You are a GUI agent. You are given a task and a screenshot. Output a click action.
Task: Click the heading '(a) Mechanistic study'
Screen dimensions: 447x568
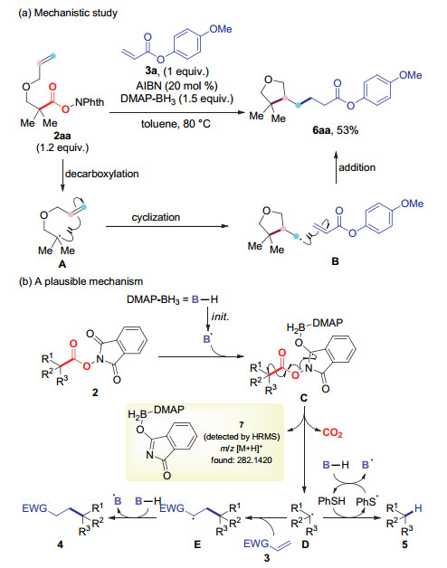(x=68, y=13)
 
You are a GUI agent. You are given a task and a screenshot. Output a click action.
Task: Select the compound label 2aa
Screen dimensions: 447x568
(x=62, y=136)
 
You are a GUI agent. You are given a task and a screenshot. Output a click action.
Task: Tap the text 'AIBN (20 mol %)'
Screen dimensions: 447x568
(x=177, y=86)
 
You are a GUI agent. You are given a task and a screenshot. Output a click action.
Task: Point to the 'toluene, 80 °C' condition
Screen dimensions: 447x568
(x=176, y=124)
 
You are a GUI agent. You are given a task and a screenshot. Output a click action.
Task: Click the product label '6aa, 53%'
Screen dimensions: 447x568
(x=336, y=130)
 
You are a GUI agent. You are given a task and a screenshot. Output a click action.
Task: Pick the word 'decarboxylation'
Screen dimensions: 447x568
(x=102, y=174)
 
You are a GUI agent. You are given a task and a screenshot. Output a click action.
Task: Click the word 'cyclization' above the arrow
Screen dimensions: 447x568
(x=156, y=217)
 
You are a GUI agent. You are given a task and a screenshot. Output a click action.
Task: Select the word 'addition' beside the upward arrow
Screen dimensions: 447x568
(x=357, y=167)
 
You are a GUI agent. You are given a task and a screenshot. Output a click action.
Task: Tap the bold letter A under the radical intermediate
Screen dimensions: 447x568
(x=62, y=264)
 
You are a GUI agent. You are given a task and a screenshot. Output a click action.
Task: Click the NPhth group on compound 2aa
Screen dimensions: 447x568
(x=90, y=102)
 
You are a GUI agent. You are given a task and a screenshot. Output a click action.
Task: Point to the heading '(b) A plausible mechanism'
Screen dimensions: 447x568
(x=81, y=281)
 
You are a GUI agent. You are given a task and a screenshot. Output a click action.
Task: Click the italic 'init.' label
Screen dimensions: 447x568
(x=220, y=317)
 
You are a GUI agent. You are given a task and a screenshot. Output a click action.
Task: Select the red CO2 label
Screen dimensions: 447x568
(x=332, y=432)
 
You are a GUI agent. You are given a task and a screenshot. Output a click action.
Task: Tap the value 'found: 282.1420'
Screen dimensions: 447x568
(x=242, y=460)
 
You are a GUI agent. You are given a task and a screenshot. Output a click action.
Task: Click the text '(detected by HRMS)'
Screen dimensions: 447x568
(x=242, y=437)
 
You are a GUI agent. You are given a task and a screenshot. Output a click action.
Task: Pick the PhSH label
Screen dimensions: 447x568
(x=331, y=501)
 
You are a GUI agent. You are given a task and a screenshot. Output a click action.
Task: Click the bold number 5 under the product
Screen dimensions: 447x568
(x=404, y=544)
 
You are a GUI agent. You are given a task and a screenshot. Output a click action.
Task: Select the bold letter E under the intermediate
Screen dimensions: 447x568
(x=197, y=544)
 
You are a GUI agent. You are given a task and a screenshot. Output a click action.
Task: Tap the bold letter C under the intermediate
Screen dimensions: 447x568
(x=304, y=398)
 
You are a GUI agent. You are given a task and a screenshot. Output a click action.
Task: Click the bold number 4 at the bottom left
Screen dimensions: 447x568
(x=61, y=544)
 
